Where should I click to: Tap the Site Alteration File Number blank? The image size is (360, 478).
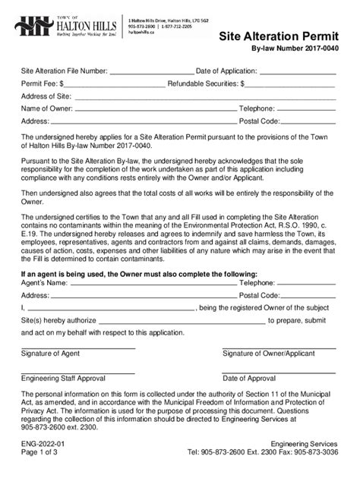tap(151, 72)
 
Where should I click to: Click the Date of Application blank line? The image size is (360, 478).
tap(299, 72)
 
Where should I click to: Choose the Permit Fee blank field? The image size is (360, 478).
tap(114, 84)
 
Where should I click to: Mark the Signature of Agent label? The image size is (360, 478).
tap(52, 353)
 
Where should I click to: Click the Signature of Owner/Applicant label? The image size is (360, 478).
tap(279, 353)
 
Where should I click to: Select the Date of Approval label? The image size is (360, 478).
tap(249, 377)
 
